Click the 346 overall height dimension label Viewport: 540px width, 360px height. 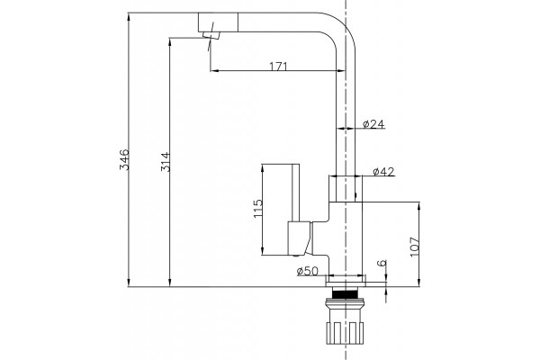click(x=124, y=159)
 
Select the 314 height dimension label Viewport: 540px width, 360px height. click(x=166, y=162)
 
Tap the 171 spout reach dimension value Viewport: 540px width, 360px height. click(x=278, y=66)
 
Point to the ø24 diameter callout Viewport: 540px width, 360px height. click(x=373, y=124)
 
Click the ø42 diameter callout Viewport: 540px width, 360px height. click(x=383, y=171)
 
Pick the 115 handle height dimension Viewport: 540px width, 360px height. click(x=258, y=209)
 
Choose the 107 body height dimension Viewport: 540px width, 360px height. click(x=415, y=247)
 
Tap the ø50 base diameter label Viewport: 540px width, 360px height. click(x=308, y=271)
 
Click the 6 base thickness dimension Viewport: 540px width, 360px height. click(x=382, y=263)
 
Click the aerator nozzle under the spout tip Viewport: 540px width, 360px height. click(x=211, y=35)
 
